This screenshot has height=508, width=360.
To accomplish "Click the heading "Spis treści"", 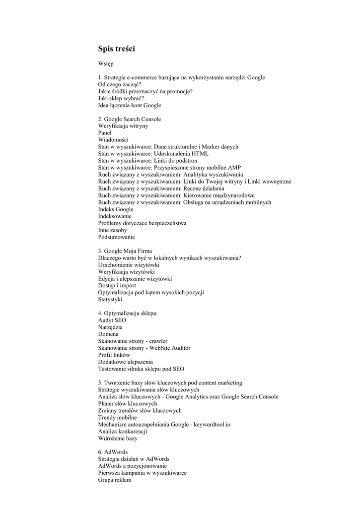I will pyautogui.click(x=116, y=49).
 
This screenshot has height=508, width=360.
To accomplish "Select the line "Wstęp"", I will pyautogui.click(x=106, y=64).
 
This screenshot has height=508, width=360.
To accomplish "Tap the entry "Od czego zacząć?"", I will pyautogui.click(x=120, y=85).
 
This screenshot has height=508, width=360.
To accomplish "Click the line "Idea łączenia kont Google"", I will pyautogui.click(x=130, y=106).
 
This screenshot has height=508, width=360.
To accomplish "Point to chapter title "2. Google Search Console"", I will pyautogui.click(x=130, y=119).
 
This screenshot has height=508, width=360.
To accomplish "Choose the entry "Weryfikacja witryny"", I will pyautogui.click(x=123, y=126).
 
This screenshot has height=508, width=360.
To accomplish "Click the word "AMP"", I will pyautogui.click(x=234, y=168).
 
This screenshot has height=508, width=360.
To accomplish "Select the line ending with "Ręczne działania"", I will pyautogui.click(x=161, y=189).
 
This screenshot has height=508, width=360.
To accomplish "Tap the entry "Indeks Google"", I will pyautogui.click(x=116, y=209).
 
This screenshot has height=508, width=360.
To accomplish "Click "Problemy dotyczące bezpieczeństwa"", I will pyautogui.click(x=142, y=223).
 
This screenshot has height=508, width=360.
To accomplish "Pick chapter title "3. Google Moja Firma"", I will pyautogui.click(x=125, y=251).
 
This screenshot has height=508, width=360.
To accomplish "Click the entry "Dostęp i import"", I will pyautogui.click(x=117, y=286).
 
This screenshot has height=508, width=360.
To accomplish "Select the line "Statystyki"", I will pyautogui.click(x=110, y=300).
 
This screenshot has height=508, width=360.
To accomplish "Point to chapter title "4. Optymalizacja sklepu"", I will pyautogui.click(x=128, y=314).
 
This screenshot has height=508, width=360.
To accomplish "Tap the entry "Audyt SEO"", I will pyautogui.click(x=112, y=320).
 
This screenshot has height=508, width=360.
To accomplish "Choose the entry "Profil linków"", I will pyautogui.click(x=114, y=355).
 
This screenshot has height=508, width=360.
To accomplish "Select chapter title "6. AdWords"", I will pyautogui.click(x=113, y=452).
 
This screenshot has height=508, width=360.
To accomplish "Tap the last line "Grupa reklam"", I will pyautogui.click(x=115, y=480).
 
